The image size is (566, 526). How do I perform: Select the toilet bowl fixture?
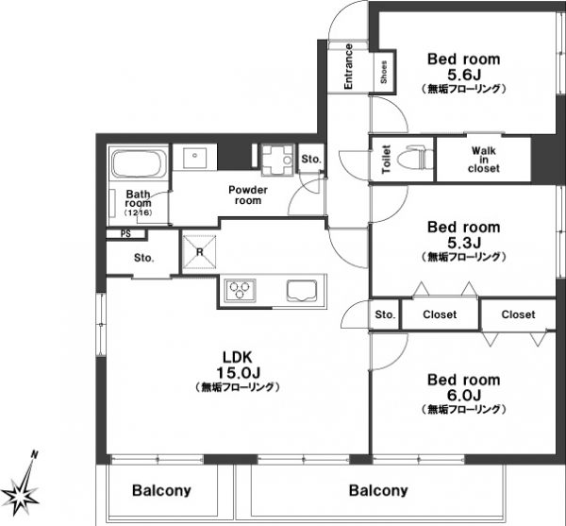pyautogui.click(x=415, y=159)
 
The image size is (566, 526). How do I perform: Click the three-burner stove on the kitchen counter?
pyautogui.click(x=240, y=290)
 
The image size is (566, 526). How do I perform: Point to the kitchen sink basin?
pyautogui.click(x=302, y=290)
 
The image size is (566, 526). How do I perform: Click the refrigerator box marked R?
pyautogui.click(x=200, y=252)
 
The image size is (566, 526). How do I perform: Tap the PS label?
pyautogui.click(x=125, y=234)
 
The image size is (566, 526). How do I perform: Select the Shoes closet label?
pyautogui.click(x=384, y=72)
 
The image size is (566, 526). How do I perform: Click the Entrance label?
pyautogui.click(x=348, y=66)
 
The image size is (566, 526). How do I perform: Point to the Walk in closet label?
pyautogui.click(x=484, y=160)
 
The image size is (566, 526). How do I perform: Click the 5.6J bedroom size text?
pyautogui.click(x=464, y=76)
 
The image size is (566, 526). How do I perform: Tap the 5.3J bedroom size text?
pyautogui.click(x=464, y=243)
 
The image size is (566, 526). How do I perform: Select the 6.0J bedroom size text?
pyautogui.click(x=464, y=396)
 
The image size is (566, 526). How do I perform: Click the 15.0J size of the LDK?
pyautogui.click(x=239, y=372)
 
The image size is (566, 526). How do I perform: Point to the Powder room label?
pyautogui.click(x=248, y=195)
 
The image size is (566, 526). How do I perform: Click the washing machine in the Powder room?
pyautogui.click(x=277, y=160)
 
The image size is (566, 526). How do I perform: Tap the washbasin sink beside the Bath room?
pyautogui.click(x=194, y=157)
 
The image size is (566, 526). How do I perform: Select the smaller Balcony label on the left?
pyautogui.click(x=161, y=490)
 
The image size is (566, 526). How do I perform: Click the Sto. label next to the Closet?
pyautogui.click(x=385, y=314)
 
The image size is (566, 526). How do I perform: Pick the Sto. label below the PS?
pyautogui.click(x=144, y=258)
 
